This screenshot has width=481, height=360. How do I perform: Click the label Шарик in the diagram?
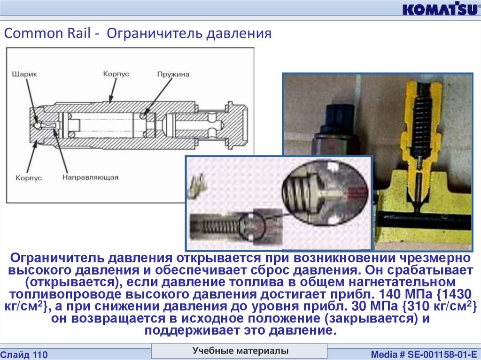click(x=24, y=74)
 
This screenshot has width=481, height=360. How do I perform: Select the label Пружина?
click(x=173, y=74)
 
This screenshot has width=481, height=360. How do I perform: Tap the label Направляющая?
click(x=90, y=177)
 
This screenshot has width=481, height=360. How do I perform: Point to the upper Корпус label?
click(x=116, y=74)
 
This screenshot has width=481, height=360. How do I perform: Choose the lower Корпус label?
click(x=29, y=178)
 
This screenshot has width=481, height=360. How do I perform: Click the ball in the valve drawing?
click(x=38, y=125)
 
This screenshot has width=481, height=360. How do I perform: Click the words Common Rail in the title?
click(x=47, y=33)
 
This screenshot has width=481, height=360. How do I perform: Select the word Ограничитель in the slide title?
click(x=155, y=33)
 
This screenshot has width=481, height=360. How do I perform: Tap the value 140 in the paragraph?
click(x=390, y=294)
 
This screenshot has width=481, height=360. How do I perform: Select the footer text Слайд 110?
click(x=24, y=355)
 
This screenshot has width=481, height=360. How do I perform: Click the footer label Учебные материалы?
click(x=240, y=351)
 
